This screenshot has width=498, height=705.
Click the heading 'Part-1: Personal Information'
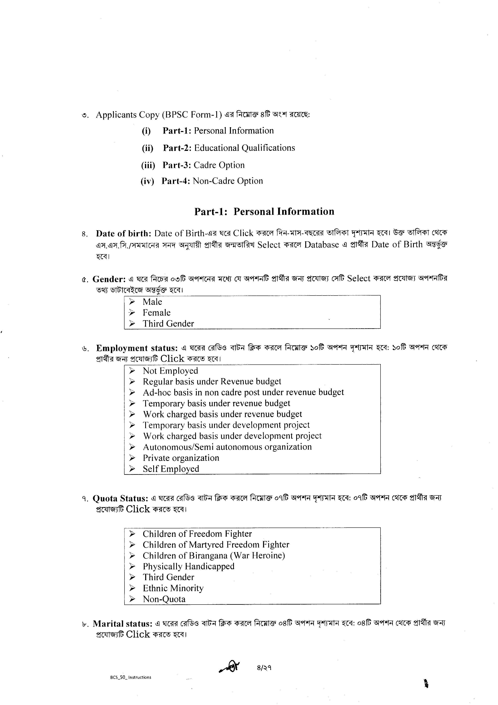tap(264, 212)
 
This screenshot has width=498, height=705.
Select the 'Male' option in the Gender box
tap(152, 302)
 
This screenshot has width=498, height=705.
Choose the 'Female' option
tap(156, 313)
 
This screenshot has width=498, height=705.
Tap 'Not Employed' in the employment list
tap(170, 371)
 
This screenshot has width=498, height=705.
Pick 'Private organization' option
tap(181, 458)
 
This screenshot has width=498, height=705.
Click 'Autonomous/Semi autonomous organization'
tap(227, 447)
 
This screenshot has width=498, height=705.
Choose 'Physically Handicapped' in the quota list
tap(188, 566)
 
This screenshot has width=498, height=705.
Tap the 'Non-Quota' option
tap(164, 599)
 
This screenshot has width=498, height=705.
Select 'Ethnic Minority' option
tap(173, 588)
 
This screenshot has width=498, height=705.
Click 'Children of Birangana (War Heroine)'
tap(214, 556)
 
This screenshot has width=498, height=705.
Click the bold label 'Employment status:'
tap(137, 348)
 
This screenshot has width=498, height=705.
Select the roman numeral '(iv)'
tap(147, 181)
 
